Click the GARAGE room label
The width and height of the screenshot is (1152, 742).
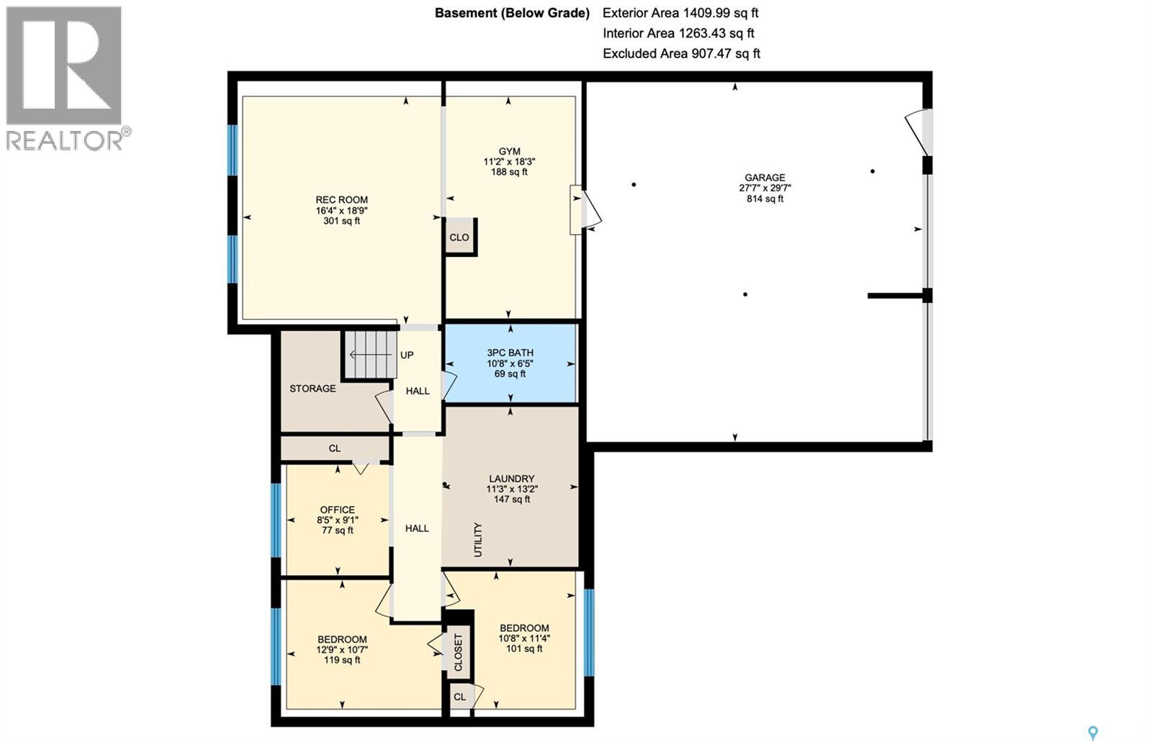point(765,178)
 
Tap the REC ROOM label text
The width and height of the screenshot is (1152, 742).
point(341,200)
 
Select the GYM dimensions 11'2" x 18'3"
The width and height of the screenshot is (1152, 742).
point(509,162)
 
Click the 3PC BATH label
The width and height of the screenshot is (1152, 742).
point(510,353)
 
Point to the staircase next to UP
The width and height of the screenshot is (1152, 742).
point(370,355)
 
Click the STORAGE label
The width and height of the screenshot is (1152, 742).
point(312,389)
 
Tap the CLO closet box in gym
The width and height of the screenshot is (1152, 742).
point(459,237)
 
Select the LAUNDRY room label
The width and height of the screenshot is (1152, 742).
point(511,479)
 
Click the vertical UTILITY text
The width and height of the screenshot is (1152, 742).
point(478,539)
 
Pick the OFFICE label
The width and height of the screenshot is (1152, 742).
point(337,510)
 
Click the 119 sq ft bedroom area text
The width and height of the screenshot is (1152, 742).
point(341,660)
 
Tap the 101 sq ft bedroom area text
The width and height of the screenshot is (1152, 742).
point(523,648)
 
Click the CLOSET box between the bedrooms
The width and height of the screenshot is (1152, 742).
point(458,652)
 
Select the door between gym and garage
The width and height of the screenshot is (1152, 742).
point(585,209)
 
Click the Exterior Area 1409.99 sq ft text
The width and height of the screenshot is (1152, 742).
point(680,13)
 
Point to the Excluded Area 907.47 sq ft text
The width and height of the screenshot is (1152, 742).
point(681,53)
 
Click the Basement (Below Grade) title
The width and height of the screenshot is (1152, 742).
point(512,13)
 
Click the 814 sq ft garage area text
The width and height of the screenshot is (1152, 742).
point(765,199)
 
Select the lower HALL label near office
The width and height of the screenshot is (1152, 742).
point(417,528)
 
